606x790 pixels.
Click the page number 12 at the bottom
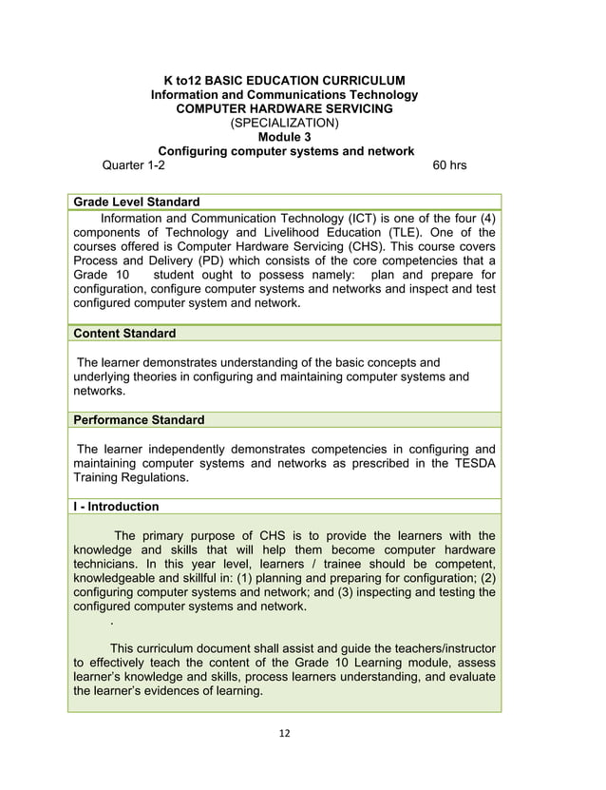[x=284, y=734]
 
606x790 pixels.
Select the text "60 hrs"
[x=449, y=165]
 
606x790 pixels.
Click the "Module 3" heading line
[x=285, y=137]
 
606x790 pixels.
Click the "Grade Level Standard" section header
[x=136, y=202]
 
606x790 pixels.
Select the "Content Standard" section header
[x=124, y=334]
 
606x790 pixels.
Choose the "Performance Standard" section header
[x=139, y=419]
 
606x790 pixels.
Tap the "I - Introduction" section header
[x=116, y=507]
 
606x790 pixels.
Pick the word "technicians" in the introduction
[x=109, y=564]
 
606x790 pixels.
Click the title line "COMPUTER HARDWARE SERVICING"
[x=285, y=108]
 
